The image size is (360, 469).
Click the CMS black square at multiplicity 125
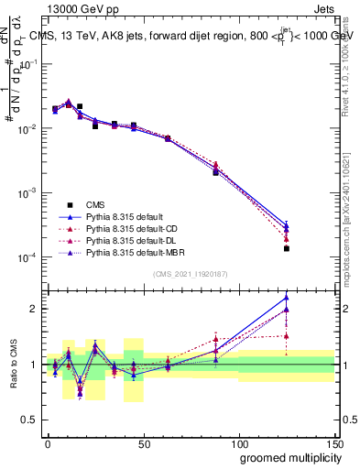pos(287,248)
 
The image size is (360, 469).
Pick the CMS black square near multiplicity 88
pos(215,172)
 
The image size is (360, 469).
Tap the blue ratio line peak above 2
pos(287,297)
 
